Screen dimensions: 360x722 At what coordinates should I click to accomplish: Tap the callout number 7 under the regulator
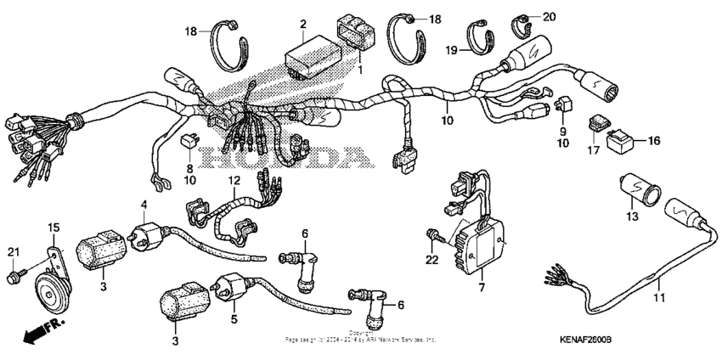481,290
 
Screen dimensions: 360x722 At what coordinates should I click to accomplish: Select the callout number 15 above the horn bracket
53,227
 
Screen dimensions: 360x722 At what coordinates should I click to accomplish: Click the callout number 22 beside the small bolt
432,260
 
